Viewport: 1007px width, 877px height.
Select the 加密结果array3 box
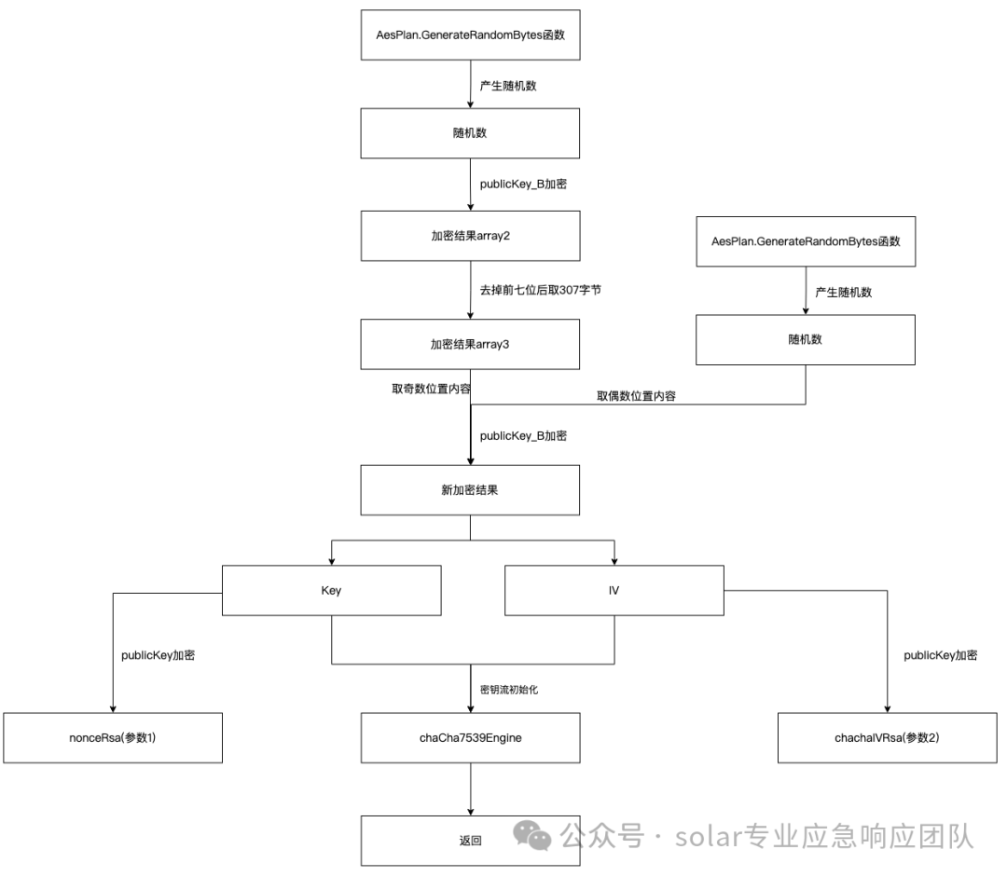pyautogui.click(x=470, y=344)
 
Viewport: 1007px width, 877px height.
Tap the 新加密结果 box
pyautogui.click(x=470, y=490)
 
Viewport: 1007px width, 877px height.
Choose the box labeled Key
pyautogui.click(x=331, y=591)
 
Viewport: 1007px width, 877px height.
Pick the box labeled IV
pyautogui.click(x=614, y=591)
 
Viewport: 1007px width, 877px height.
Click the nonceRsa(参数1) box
pyautogui.click(x=112, y=736)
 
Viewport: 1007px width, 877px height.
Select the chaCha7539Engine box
pyautogui.click(x=470, y=736)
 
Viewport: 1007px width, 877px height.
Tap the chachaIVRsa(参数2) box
pyautogui.click(x=887, y=736)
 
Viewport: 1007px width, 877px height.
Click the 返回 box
pyautogui.click(x=470, y=840)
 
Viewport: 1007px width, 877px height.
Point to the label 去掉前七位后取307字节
pyautogui.click(x=540, y=290)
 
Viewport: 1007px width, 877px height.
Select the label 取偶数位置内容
pyautogui.click(x=636, y=395)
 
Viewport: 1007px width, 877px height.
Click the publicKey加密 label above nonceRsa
pyautogui.click(x=158, y=655)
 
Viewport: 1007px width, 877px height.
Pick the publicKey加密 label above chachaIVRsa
pyautogui.click(x=940, y=655)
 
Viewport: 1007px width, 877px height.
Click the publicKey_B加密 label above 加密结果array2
pyautogui.click(x=523, y=184)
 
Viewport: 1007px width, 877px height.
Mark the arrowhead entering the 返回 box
pyautogui.click(x=470, y=812)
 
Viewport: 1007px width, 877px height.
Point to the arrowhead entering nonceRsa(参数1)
pyautogui.click(x=112, y=708)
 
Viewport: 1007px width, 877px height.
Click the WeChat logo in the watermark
pyautogui.click(x=535, y=836)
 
